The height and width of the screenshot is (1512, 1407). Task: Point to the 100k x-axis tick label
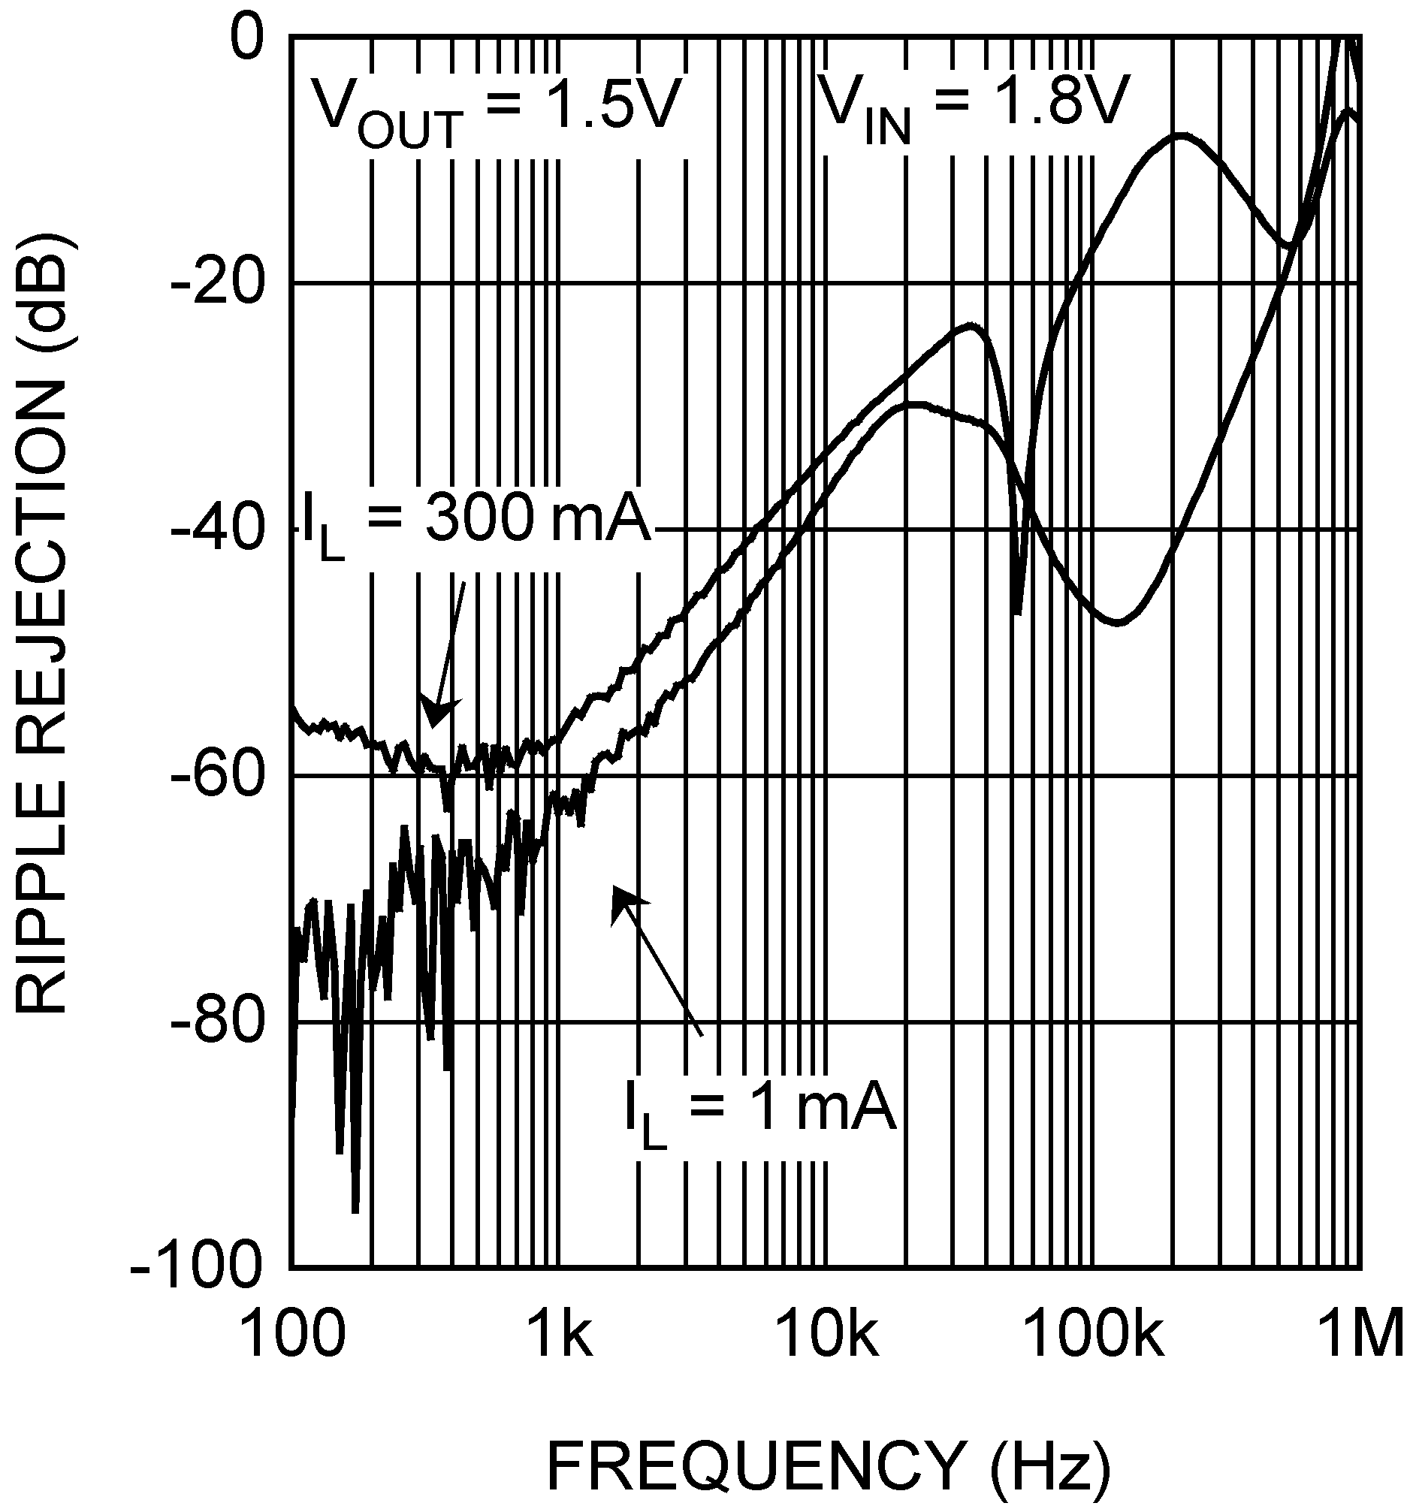click(x=1095, y=1337)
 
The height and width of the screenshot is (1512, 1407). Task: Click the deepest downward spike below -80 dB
click(x=355, y=1209)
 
